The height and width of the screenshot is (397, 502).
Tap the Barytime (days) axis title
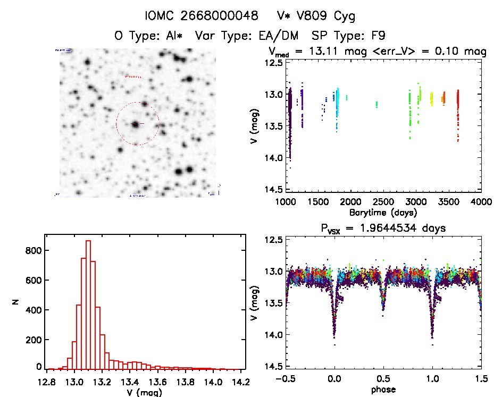(x=383, y=212)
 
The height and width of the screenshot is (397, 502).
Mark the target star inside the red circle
(x=136, y=124)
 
